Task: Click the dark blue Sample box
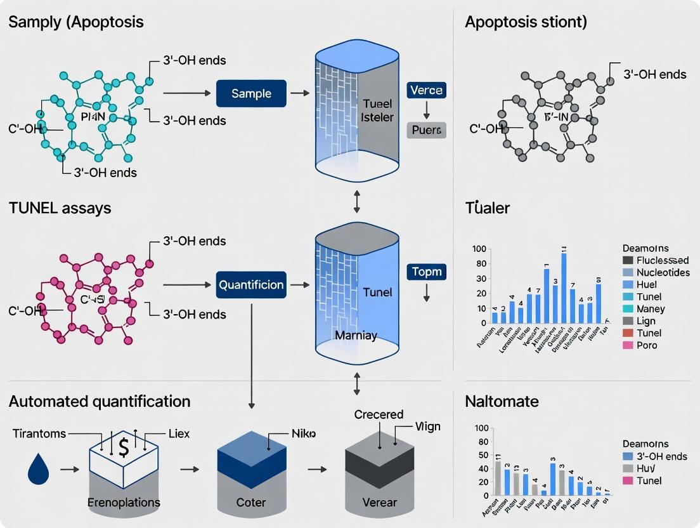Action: pyautogui.click(x=251, y=93)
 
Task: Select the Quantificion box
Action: pyautogui.click(x=250, y=285)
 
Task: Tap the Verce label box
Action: pyautogui.click(x=425, y=89)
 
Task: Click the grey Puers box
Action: pyautogui.click(x=425, y=131)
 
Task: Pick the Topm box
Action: pyautogui.click(x=425, y=272)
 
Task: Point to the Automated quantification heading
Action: pyautogui.click(x=100, y=401)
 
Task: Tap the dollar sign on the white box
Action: pyautogui.click(x=124, y=447)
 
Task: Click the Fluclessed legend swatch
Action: pyautogui.click(x=628, y=260)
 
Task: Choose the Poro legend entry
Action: pyautogui.click(x=646, y=345)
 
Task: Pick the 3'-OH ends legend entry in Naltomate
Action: pyautogui.click(x=661, y=456)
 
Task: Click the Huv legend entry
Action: pyautogui.click(x=646, y=468)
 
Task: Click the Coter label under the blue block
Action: pyautogui.click(x=250, y=503)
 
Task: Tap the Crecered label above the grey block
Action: pyautogui.click(x=379, y=414)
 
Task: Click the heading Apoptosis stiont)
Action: pyautogui.click(x=526, y=22)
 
